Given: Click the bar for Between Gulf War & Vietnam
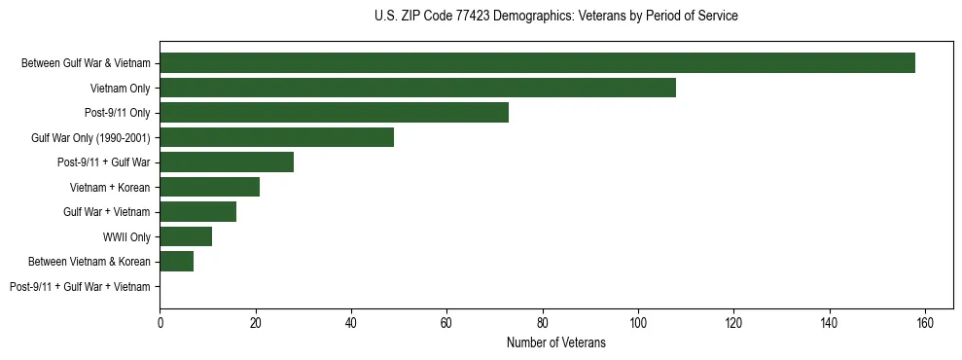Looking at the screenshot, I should coord(537,63).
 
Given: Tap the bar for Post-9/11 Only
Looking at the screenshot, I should coord(334,113).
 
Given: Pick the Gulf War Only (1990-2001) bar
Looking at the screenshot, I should coord(276,137).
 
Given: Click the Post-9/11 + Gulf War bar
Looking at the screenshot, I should coord(227,162).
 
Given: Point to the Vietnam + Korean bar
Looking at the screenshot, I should coord(209,187).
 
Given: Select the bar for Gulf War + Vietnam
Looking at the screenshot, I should coord(197,212).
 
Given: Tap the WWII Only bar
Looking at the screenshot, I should coord(186,236).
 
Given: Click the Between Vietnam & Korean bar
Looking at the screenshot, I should coord(176,262).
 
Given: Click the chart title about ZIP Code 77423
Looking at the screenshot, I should coord(555,17).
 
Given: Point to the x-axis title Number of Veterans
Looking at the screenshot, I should coord(555,342).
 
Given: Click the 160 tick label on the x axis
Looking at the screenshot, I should coord(925,323).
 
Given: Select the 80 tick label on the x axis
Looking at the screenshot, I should coord(542,323).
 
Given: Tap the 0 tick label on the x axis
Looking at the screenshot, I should coord(160,323).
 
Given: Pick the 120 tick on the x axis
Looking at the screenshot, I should coord(733,323).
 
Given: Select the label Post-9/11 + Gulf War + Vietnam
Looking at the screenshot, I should coord(80,287).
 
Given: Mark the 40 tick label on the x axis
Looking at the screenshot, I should coord(351,323).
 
